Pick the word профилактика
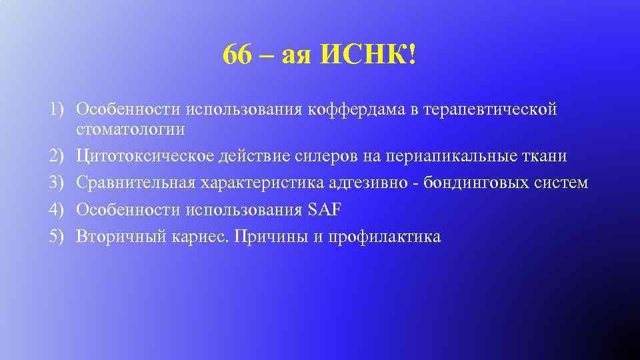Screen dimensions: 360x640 [x=384, y=236]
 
